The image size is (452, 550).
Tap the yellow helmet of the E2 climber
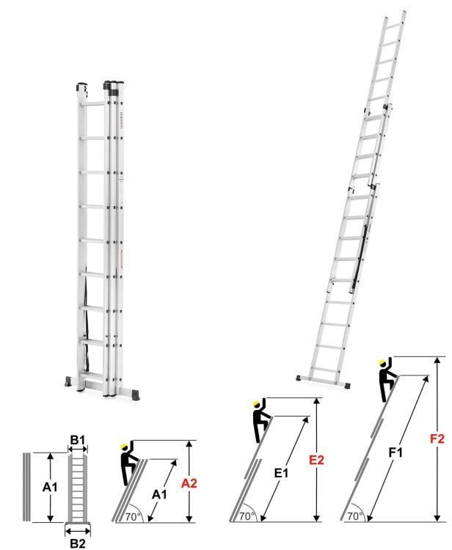coord(256,403)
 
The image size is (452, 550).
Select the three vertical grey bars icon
coord(26,486)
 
